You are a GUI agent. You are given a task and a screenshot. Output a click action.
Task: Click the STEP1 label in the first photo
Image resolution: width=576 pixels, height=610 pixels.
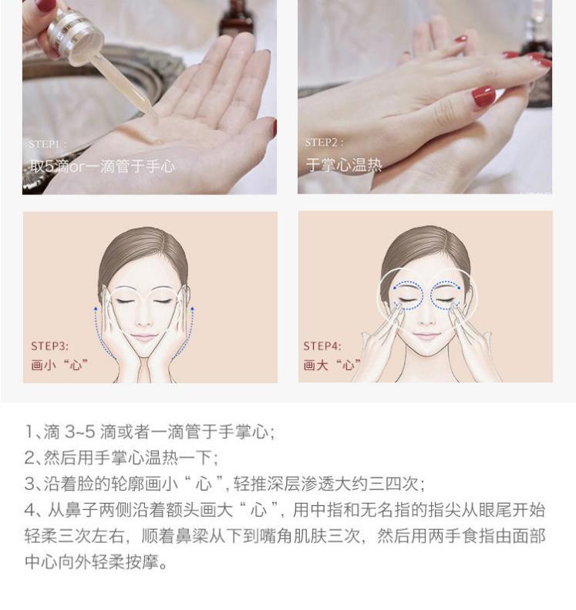[x=48, y=144]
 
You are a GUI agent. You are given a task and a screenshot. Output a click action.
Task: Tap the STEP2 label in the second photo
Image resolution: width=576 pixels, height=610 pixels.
[x=324, y=143]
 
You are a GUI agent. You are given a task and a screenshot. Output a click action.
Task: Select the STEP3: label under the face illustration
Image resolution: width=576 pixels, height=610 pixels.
[x=50, y=346]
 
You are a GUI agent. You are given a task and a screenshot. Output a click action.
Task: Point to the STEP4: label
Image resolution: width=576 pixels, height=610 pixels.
[x=322, y=345]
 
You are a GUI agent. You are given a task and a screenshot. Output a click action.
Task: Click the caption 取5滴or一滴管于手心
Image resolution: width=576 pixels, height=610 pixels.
[x=103, y=167]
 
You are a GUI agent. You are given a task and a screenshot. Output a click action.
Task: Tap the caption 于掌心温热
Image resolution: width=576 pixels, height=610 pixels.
[x=344, y=165]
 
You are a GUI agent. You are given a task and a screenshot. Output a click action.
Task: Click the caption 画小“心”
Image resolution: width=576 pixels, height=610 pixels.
[x=59, y=366]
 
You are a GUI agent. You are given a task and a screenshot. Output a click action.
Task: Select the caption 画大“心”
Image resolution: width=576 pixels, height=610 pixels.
[x=332, y=365]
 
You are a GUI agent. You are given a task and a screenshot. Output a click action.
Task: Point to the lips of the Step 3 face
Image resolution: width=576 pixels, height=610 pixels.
[x=144, y=337]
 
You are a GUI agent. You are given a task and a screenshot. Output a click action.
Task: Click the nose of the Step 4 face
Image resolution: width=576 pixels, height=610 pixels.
[x=426, y=320]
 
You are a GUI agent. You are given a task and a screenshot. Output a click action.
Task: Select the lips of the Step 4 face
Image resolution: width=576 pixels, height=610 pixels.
[x=426, y=335]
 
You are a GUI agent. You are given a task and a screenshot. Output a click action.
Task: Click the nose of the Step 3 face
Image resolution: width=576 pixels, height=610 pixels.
[x=144, y=321]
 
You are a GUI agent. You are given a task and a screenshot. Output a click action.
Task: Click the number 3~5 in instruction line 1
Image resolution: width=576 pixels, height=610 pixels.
[x=79, y=432]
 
